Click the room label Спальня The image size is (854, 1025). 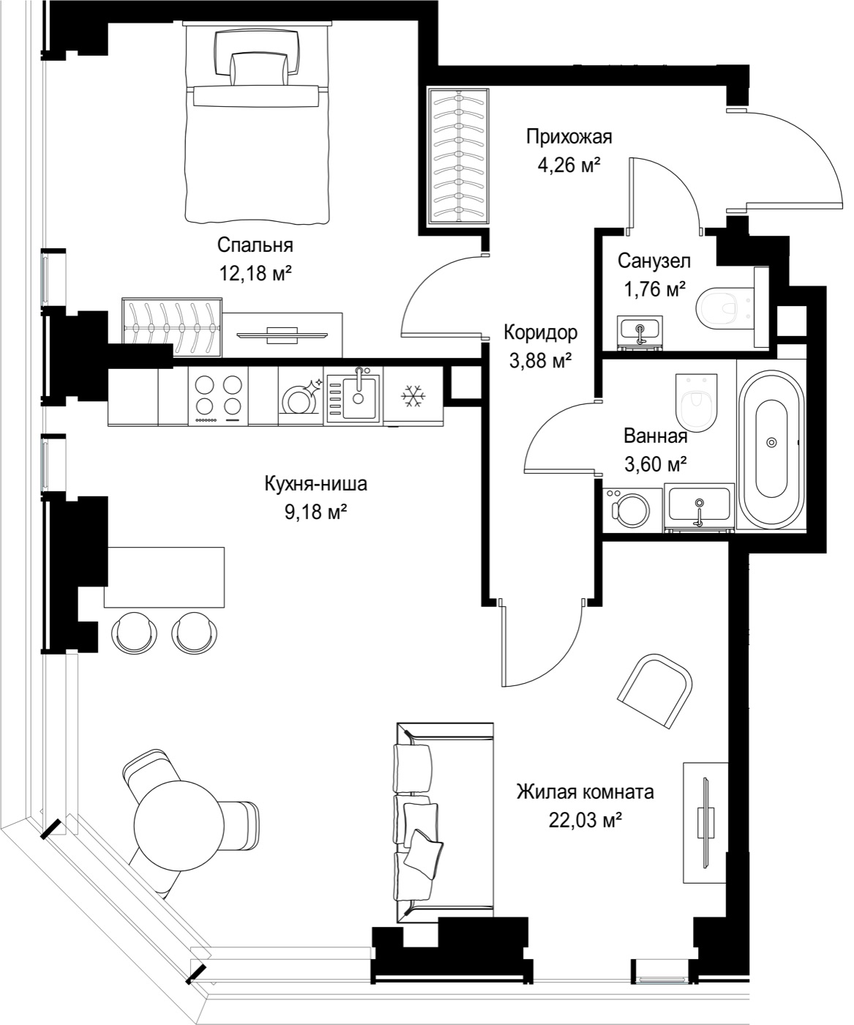255,245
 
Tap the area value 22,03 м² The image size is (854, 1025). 585,820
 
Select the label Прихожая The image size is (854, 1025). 569,137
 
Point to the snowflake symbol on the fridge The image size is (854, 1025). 413,396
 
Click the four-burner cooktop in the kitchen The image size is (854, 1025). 218,395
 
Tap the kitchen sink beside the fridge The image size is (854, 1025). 354,396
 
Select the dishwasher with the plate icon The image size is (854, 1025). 301,396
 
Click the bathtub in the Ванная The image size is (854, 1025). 772,443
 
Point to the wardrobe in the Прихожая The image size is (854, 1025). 458,156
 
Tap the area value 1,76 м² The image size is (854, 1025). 654,290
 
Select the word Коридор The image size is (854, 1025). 540,333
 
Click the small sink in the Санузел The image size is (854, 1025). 640,333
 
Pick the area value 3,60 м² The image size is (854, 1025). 655,463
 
